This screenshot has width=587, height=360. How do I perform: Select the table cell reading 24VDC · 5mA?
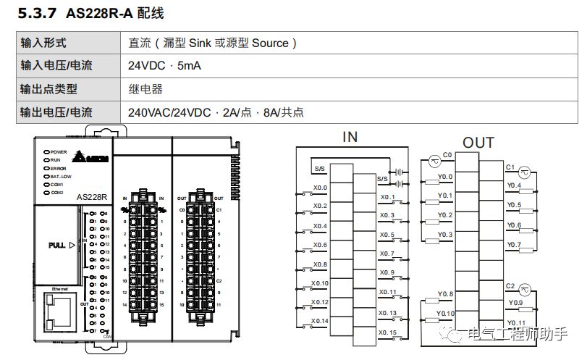coord(164,66)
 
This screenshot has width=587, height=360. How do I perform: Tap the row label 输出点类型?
coord(48,89)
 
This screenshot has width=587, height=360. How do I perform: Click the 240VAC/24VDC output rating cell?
coord(216,112)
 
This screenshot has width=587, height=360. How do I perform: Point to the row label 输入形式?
coord(43,43)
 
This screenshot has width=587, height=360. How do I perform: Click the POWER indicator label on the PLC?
coord(59,151)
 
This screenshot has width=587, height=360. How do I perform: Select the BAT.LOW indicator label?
coord(61,176)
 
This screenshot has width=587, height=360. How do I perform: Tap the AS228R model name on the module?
coord(92,197)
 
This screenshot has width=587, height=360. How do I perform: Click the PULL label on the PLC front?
coord(57,245)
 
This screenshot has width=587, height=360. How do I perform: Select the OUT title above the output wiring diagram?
coord(478,142)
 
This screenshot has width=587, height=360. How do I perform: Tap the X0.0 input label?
coord(320,188)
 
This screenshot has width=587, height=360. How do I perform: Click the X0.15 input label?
coord(388,332)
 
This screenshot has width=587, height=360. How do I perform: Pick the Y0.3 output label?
coord(445,235)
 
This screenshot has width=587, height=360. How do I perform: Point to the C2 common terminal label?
coord(510,286)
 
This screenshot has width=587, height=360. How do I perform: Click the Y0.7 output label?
coord(514,245)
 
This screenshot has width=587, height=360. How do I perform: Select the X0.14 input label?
coord(320,320)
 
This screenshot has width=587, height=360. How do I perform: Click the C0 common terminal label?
coord(447,155)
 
